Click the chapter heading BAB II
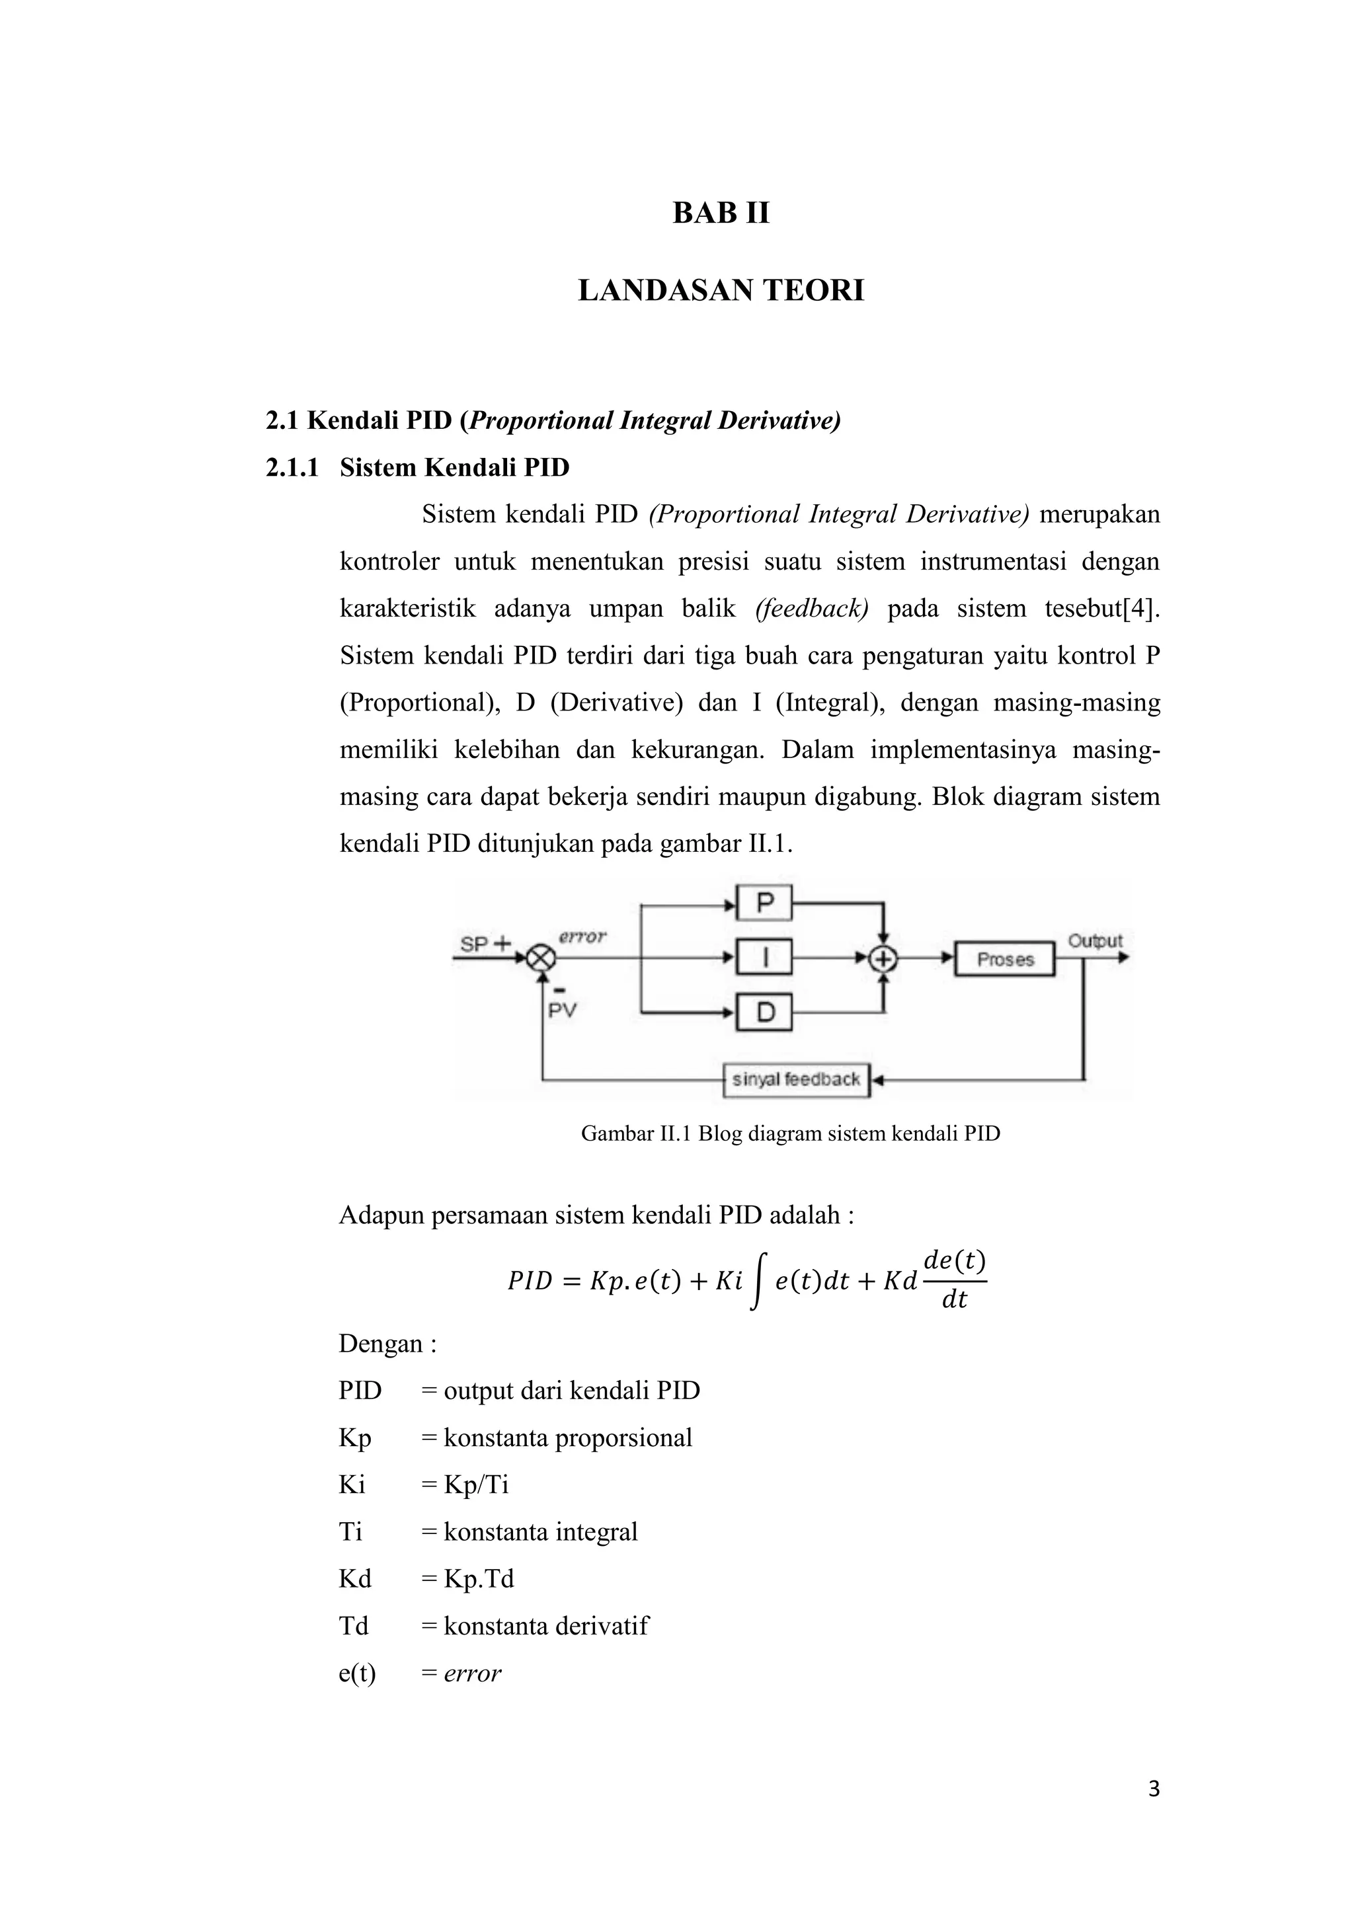tap(721, 213)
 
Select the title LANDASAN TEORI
tap(721, 291)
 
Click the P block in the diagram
tap(764, 903)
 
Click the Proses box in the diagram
tap(1005, 960)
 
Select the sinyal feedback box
tap(796, 1079)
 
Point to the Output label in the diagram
tap(1095, 941)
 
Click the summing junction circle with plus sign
tap(883, 960)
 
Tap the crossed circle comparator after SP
tap(541, 959)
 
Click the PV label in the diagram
tap(562, 1011)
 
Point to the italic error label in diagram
tap(582, 937)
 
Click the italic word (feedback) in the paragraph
tap(811, 609)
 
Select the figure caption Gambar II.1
tap(789, 1133)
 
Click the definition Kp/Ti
tap(476, 1484)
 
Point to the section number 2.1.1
tap(292, 468)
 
